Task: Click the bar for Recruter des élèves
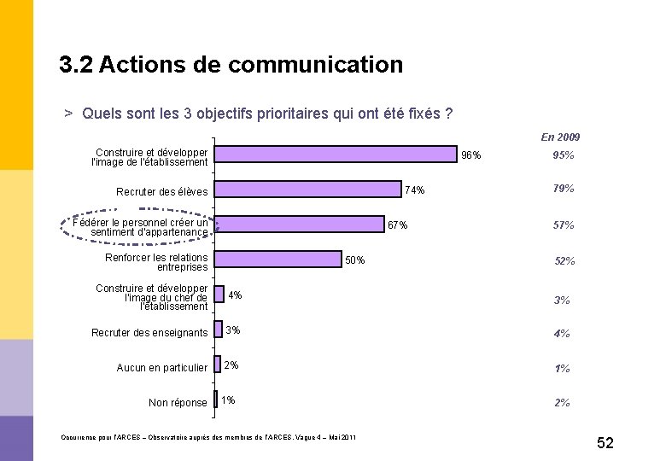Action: [x=307, y=190]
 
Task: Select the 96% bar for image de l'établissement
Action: [x=336, y=154]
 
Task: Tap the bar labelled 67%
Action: [x=299, y=225]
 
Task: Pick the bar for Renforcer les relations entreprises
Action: [x=277, y=259]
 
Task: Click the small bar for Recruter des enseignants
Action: [x=218, y=330]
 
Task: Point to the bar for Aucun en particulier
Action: [x=217, y=365]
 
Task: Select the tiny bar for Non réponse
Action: [x=215, y=400]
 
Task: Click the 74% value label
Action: [x=415, y=190]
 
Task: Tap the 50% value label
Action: [x=354, y=260]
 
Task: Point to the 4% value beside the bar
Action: [x=235, y=295]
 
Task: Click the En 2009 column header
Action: [x=560, y=137]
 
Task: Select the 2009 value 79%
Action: [x=564, y=189]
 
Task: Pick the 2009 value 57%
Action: [x=564, y=225]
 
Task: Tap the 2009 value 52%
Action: [x=564, y=261]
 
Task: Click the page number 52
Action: [x=605, y=443]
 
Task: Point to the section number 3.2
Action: [x=76, y=65]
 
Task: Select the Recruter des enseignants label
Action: [x=149, y=332]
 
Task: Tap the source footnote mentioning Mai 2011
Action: [x=208, y=437]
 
